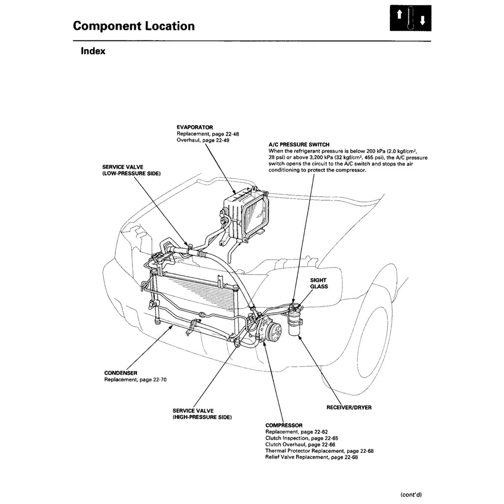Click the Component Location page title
pyautogui.click(x=133, y=26)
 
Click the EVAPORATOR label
pyautogui.click(x=195, y=127)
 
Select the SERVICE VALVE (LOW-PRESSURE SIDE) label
pyautogui.click(x=131, y=170)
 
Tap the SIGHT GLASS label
pyautogui.click(x=318, y=283)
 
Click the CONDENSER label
pyautogui.click(x=121, y=373)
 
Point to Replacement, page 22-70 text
pyautogui.click(x=135, y=379)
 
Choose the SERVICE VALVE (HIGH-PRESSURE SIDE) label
pyautogui.click(x=202, y=413)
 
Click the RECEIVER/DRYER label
pyautogui.click(x=349, y=408)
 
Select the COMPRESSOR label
pyautogui.click(x=283, y=425)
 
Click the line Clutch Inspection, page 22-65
pyautogui.click(x=301, y=438)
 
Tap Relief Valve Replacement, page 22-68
pyautogui.click(x=311, y=457)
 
